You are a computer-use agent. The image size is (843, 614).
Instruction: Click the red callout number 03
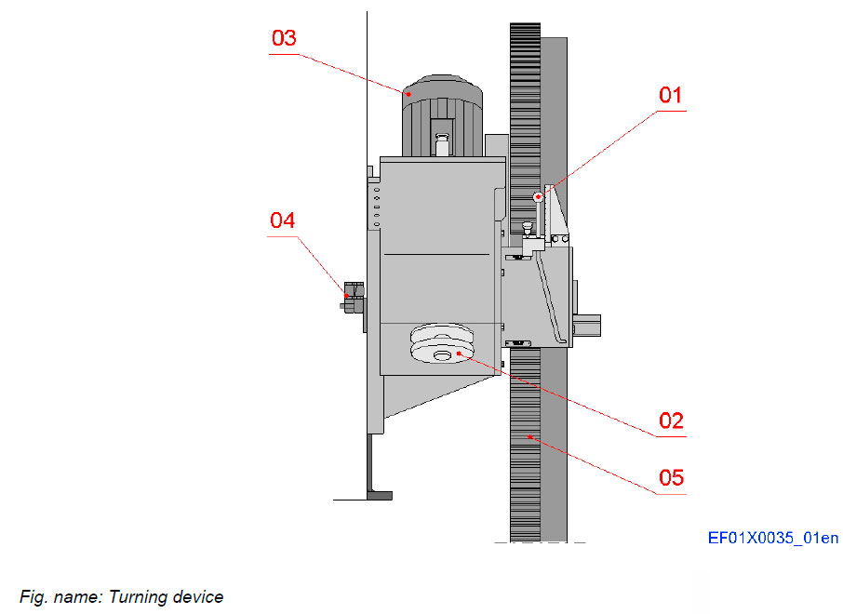[284, 39]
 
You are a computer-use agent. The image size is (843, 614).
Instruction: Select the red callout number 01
[670, 95]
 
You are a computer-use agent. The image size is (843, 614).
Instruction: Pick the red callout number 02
[671, 420]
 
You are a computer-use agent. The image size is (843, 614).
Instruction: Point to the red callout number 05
[671, 478]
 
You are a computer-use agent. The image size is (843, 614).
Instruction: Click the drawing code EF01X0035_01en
[772, 538]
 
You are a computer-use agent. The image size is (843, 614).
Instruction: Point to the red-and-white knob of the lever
[539, 196]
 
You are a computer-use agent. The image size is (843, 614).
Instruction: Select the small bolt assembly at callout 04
[352, 300]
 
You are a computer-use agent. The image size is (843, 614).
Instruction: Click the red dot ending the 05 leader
[531, 436]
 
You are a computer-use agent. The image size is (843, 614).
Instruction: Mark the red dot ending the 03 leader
[408, 92]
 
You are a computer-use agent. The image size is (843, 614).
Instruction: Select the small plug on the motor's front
[442, 145]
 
